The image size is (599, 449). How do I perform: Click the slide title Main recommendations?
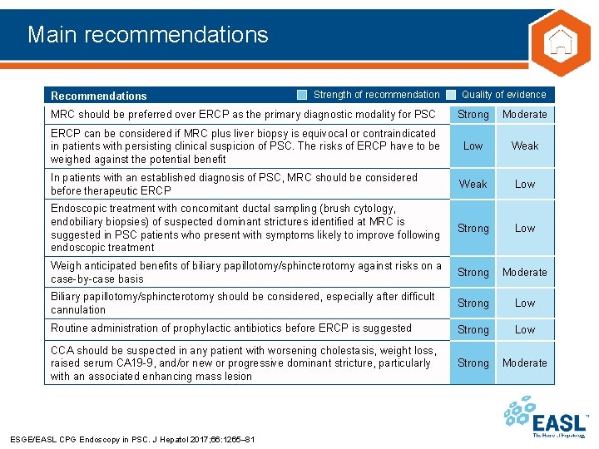(x=147, y=34)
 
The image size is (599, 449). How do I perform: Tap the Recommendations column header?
(x=98, y=96)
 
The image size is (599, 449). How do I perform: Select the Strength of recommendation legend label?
(x=376, y=95)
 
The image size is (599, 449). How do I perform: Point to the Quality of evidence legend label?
(x=503, y=95)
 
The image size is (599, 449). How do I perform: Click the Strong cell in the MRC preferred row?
(x=473, y=115)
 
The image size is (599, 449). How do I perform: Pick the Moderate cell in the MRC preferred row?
(x=525, y=115)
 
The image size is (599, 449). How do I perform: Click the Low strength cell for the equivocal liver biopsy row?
(x=473, y=146)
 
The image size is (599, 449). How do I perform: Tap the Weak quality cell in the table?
(x=525, y=146)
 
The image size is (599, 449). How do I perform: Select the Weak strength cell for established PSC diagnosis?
(x=473, y=184)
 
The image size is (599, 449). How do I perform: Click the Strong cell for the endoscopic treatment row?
(x=473, y=228)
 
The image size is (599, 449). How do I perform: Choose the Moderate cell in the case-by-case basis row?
(x=525, y=272)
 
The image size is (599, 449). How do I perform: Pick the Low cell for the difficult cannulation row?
(x=525, y=303)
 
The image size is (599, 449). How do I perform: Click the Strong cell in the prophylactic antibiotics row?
(x=473, y=329)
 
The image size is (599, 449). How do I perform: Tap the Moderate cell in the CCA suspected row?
(x=525, y=363)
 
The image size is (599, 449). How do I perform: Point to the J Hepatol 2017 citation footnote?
(x=131, y=439)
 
